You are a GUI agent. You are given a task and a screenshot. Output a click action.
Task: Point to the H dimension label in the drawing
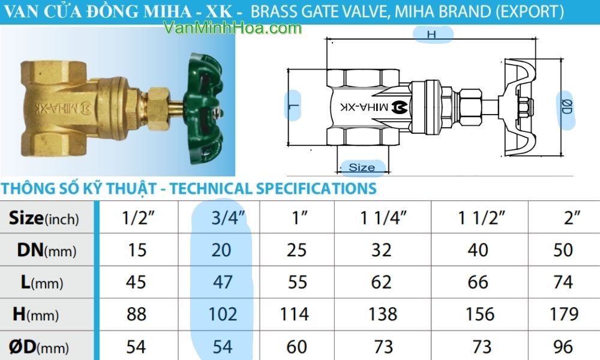pos(431,35)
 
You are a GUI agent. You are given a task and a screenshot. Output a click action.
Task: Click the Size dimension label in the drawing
pos(361,167)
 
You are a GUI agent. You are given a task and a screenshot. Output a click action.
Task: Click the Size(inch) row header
pos(44,218)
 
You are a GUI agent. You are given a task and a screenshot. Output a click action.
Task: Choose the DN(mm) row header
pos(44,250)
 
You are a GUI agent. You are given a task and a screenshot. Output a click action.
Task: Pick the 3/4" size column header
pos(223,218)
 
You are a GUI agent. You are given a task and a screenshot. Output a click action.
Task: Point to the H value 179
pos(564,314)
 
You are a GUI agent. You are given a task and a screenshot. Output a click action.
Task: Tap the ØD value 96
pos(563,346)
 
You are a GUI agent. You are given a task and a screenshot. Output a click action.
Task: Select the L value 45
pos(137,282)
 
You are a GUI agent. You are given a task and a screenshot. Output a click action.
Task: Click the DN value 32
pos(382,250)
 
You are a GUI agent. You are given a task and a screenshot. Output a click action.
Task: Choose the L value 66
pos(478,282)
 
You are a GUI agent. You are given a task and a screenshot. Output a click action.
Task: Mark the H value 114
pos(297,314)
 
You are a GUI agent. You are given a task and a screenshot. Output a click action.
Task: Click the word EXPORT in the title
pos(535,11)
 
